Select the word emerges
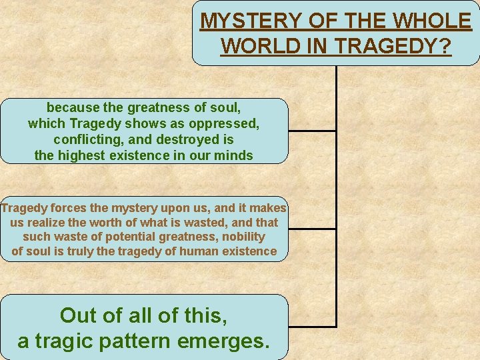[x=230, y=341]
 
